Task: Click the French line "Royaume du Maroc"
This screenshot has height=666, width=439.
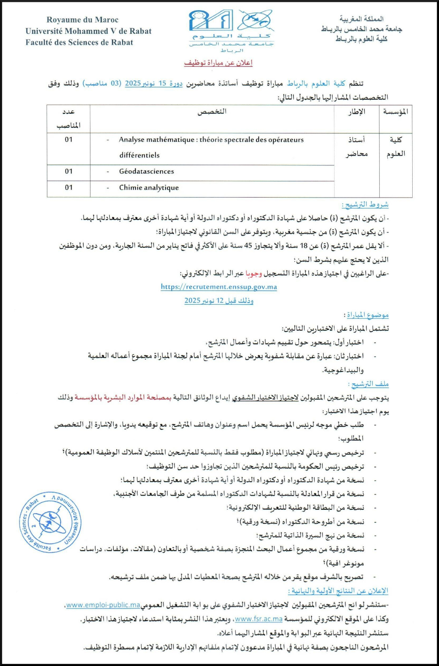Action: point(83,20)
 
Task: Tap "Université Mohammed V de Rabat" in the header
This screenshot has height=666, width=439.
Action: point(88,31)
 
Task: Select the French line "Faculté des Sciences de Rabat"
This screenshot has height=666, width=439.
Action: point(79,43)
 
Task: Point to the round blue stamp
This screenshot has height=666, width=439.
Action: point(50,522)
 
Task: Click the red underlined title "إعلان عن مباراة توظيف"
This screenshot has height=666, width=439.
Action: point(218,63)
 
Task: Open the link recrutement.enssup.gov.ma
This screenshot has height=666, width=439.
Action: point(219,287)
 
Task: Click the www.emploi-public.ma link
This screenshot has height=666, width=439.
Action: point(103,605)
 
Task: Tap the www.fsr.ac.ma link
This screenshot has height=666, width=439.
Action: point(259,619)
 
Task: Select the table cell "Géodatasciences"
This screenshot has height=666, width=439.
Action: point(147,171)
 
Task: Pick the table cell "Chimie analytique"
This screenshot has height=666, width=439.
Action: point(149,187)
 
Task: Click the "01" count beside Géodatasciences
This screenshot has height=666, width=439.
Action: point(69,171)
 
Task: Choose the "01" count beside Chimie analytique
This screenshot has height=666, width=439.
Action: point(69,187)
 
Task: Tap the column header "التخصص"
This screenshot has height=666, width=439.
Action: point(212,112)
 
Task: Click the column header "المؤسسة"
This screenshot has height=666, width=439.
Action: point(396,112)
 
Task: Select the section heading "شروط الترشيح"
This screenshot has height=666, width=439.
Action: point(365,205)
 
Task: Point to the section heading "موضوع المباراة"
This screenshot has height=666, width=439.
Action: point(367,315)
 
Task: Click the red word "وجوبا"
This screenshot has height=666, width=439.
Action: point(253,273)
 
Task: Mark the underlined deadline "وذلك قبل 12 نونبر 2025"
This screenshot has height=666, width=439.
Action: point(219,301)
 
